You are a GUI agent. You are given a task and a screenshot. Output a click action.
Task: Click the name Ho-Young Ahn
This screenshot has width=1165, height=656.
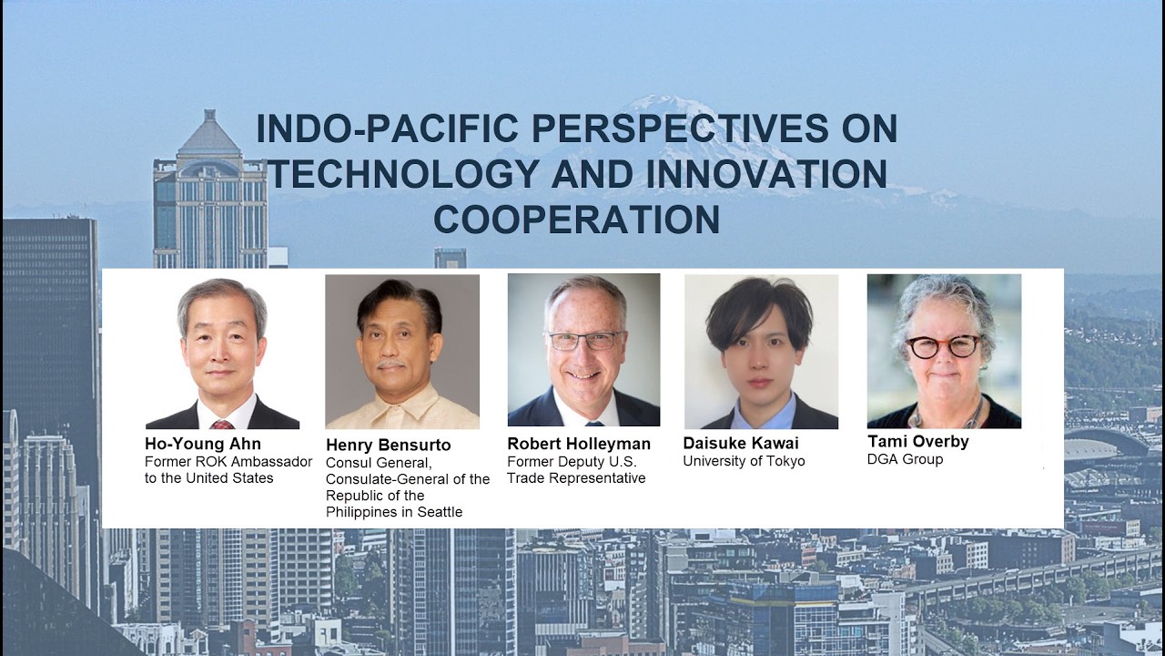[x=202, y=444]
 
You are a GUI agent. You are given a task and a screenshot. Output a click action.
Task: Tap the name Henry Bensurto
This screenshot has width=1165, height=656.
[x=388, y=445]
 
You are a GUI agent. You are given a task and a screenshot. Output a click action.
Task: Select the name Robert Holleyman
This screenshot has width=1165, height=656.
[x=579, y=444]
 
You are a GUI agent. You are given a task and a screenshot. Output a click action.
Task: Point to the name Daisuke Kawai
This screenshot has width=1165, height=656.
[x=741, y=443]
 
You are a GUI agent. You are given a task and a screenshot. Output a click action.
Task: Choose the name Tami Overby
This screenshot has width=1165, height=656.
[x=917, y=441]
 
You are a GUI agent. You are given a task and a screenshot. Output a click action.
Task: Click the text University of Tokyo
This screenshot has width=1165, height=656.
[x=744, y=461]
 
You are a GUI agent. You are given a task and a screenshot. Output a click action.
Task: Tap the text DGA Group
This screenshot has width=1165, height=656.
[x=905, y=459]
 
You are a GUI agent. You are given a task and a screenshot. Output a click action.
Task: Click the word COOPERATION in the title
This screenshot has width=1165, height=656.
[x=576, y=220]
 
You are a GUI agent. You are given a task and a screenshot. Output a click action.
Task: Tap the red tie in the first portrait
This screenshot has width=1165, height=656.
[x=221, y=424]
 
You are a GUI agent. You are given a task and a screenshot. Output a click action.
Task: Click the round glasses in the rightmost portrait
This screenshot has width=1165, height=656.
[x=943, y=346]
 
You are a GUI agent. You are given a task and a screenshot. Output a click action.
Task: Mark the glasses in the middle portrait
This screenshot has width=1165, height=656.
[x=584, y=341]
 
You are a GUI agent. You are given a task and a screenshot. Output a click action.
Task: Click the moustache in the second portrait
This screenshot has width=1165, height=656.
[x=390, y=364]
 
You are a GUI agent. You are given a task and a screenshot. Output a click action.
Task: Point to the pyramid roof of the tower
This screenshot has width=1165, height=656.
[x=209, y=133]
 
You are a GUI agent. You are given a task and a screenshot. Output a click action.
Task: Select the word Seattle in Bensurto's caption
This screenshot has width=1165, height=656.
[x=440, y=512]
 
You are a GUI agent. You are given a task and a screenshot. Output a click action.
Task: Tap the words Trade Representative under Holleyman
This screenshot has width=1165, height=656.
[x=576, y=478]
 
